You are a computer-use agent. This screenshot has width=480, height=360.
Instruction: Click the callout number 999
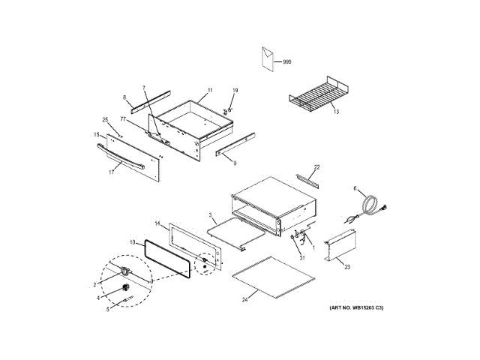coord(287,61)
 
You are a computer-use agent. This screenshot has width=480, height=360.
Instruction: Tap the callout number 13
coord(336,112)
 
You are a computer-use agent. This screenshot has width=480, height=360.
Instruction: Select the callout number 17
coord(111,172)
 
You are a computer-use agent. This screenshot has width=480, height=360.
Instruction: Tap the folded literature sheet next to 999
coord(267,58)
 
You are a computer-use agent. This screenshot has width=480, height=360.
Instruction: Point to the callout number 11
coord(210,90)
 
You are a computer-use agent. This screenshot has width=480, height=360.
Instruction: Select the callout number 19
coord(234,91)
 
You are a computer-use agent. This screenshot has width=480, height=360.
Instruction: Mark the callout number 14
coord(158,223)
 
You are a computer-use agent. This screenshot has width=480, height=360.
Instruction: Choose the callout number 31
coord(302,259)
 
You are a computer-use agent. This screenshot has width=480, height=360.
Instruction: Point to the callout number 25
coord(105,120)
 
